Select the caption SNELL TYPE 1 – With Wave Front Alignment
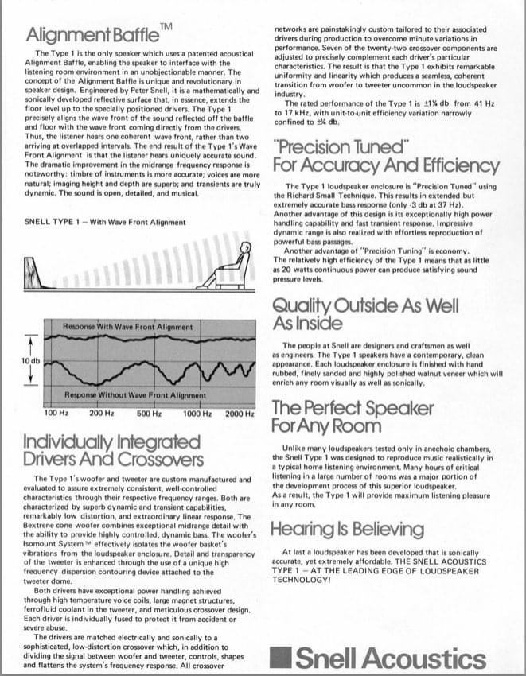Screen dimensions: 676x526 coord(106,222)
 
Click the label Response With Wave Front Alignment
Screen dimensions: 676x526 coord(127,326)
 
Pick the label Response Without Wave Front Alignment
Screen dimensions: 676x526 coord(134,395)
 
